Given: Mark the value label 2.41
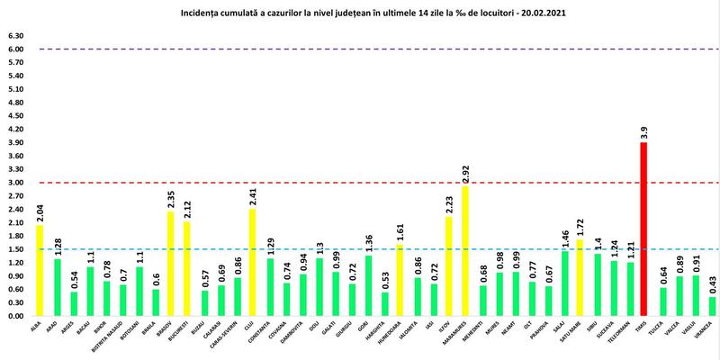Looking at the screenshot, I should pos(254,193).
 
